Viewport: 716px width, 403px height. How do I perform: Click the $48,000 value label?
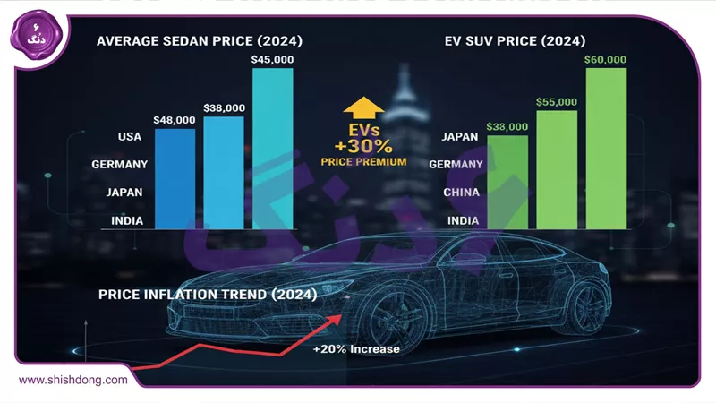pyautogui.click(x=174, y=119)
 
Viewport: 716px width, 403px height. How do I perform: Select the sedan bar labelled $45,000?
pyautogui.click(x=272, y=148)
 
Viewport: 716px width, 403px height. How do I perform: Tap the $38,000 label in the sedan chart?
pyautogui.click(x=223, y=108)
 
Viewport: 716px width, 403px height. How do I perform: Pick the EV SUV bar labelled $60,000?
pyautogui.click(x=605, y=148)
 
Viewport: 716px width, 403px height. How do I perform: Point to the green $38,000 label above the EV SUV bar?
pyautogui.click(x=507, y=127)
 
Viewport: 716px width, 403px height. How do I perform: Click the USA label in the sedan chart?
pyautogui.click(x=127, y=137)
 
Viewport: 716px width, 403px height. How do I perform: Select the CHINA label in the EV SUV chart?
pyautogui.click(x=462, y=193)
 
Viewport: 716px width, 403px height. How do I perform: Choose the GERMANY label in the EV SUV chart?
pyautogui.click(x=456, y=165)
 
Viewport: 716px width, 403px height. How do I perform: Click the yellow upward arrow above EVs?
pyautogui.click(x=362, y=107)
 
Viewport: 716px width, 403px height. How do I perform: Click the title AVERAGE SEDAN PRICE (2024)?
pyautogui.click(x=200, y=40)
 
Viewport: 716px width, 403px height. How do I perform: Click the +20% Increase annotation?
pyautogui.click(x=356, y=349)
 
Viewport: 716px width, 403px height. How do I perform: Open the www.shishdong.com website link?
pyautogui.click(x=73, y=380)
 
